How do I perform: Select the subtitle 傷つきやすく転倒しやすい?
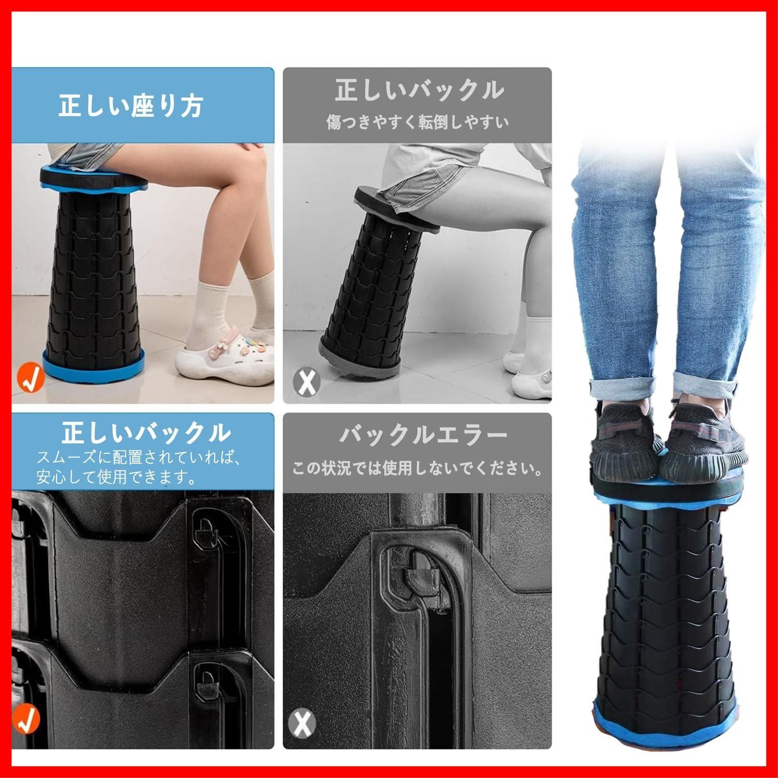(418, 122)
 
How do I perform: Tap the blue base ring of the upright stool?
(93, 365)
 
